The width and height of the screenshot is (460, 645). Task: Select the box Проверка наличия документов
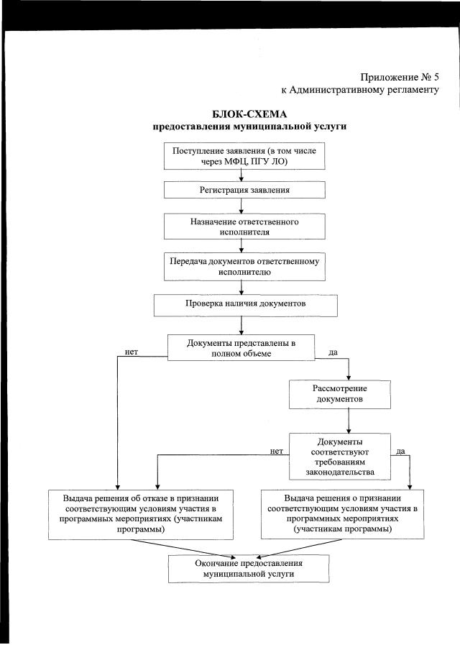pos(244,305)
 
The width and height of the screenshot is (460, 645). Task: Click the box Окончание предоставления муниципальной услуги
pos(249,569)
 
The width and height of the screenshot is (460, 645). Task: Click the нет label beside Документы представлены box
pos(132,352)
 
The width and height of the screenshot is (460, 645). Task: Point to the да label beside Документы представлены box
pos(333,353)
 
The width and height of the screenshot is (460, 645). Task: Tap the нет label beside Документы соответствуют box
pos(277,452)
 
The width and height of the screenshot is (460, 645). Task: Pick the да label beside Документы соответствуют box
pos(401,452)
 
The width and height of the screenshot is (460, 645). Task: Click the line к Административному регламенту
pos(359,90)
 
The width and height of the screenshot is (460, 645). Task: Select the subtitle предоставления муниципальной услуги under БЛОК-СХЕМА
pos(249,127)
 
